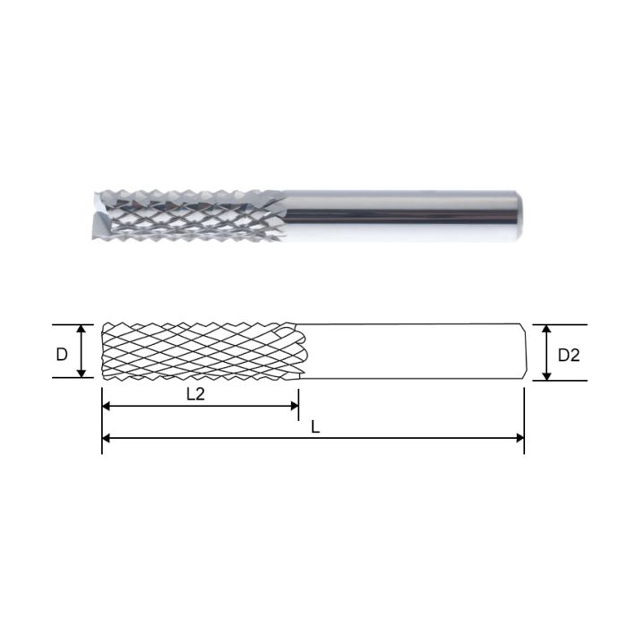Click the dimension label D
point(61,354)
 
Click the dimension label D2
point(569,355)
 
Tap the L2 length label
point(194,394)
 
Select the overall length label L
point(314,427)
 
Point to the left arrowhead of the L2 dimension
point(107,406)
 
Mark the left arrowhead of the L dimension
point(107,439)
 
